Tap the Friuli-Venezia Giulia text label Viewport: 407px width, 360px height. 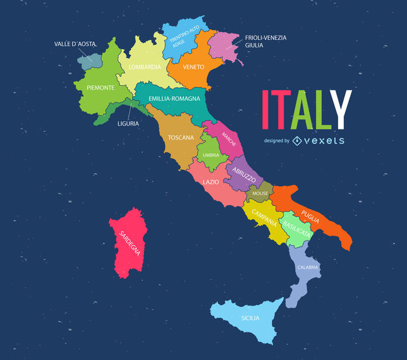click(x=265, y=42)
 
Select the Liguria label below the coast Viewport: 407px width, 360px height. click(x=128, y=124)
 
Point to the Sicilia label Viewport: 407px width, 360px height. click(x=250, y=318)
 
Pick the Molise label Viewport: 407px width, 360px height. click(x=260, y=193)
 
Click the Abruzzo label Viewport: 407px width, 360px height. click(x=243, y=174)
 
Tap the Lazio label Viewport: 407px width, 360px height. click(x=211, y=182)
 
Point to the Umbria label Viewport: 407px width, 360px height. click(x=211, y=155)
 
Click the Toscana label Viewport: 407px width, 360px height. click(x=181, y=137)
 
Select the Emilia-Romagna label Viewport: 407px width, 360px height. click(x=174, y=99)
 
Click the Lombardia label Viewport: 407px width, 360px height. click(x=145, y=66)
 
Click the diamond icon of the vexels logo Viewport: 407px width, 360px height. click(x=297, y=140)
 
